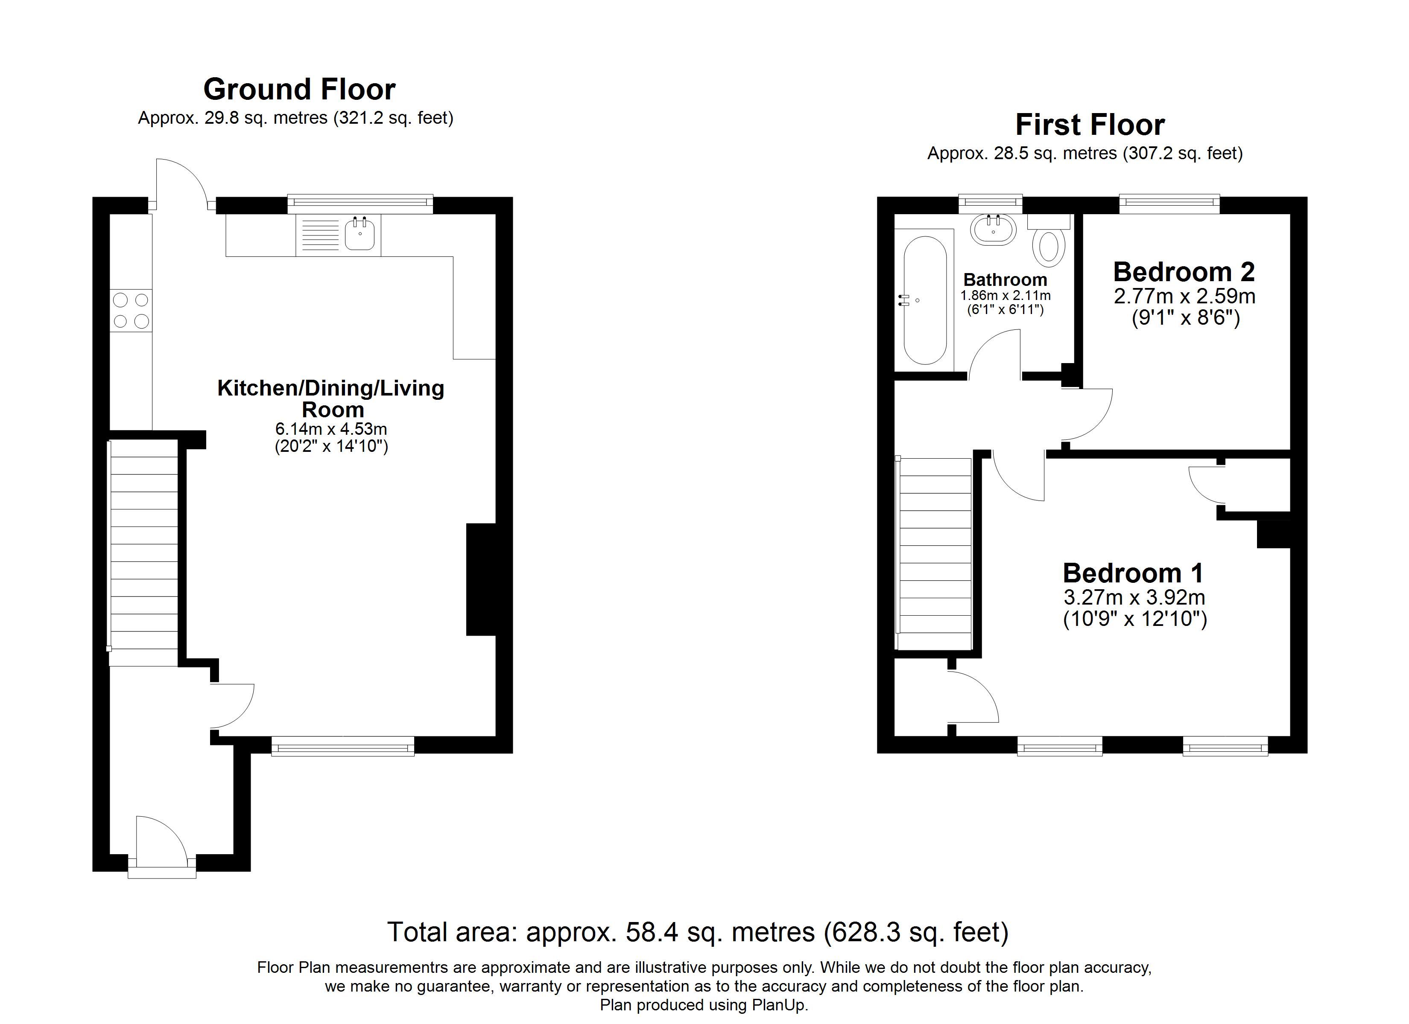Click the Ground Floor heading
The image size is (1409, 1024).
pos(299,90)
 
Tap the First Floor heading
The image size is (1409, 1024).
pos(1089,125)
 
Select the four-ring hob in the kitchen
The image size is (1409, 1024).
pos(131,311)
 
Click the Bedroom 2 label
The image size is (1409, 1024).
pos(1184,272)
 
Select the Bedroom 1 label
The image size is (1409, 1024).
pos(1133,573)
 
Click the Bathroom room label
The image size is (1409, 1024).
pos(1005,279)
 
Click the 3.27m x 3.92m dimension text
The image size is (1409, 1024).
pos(1134,597)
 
